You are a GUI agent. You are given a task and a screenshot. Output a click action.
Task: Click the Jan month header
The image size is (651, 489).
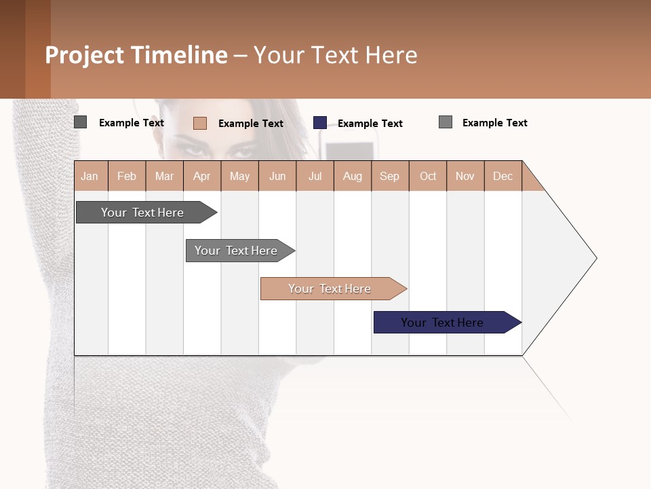(x=90, y=176)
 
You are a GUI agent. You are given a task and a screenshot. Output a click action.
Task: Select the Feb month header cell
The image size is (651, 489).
(x=127, y=176)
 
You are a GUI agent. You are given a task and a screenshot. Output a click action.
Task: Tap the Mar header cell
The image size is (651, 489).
(x=164, y=176)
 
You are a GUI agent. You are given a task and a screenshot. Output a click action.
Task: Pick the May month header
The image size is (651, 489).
(x=239, y=176)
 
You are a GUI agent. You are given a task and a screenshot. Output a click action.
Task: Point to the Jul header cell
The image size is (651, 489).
(x=315, y=176)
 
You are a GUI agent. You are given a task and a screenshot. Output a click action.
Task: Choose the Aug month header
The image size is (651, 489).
(x=353, y=176)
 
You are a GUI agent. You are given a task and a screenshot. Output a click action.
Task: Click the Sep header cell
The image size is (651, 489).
(x=390, y=176)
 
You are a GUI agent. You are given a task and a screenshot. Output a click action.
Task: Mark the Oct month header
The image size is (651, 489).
(x=428, y=176)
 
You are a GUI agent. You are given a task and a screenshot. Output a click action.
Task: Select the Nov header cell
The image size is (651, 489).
(x=465, y=176)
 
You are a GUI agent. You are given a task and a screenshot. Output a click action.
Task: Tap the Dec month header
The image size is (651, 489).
(x=502, y=176)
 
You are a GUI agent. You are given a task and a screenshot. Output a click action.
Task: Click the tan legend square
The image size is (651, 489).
(x=200, y=123)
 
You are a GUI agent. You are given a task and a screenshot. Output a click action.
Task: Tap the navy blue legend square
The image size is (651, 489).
(x=320, y=123)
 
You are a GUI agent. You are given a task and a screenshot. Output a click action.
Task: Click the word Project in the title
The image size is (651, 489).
(x=85, y=55)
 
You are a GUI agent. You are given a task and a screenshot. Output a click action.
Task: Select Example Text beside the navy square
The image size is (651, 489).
(x=370, y=124)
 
